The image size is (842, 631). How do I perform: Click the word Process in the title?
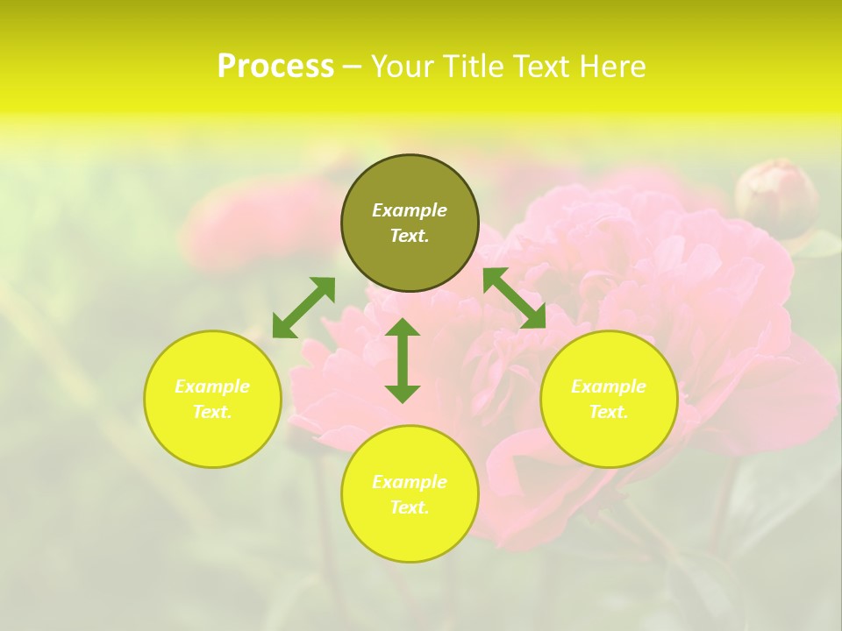275,67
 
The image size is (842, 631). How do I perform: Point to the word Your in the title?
404,67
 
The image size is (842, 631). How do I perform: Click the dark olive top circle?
410,254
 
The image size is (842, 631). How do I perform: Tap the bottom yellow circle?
410,535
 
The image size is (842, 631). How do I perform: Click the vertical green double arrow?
403,360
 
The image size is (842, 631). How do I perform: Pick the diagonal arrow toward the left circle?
303,308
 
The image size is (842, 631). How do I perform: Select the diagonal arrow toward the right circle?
515,298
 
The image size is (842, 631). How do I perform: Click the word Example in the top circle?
410,210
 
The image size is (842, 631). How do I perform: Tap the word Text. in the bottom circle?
410,507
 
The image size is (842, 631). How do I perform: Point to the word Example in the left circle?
212,386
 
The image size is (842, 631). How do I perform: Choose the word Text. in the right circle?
609,412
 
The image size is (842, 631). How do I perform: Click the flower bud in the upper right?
775,197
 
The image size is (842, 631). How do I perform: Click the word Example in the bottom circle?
410,482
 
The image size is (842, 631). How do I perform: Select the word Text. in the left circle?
212,412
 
